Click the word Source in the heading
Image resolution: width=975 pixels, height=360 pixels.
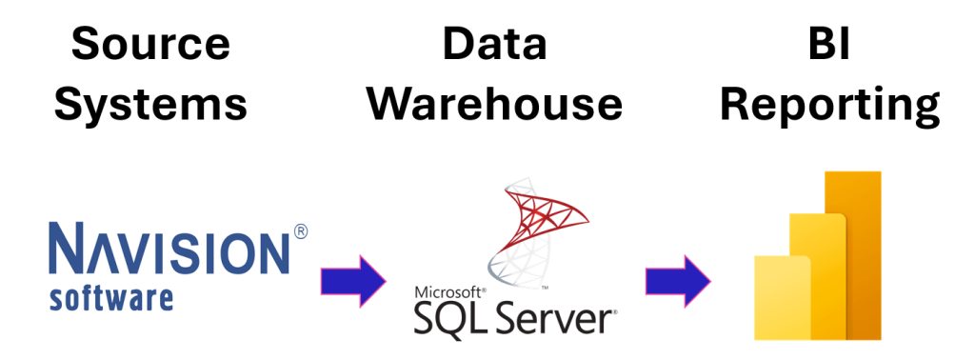pos(150,45)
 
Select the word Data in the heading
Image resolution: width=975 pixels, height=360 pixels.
pos(493,45)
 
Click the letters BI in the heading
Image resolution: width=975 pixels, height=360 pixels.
pos(827,45)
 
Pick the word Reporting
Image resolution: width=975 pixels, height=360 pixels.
pos(829,105)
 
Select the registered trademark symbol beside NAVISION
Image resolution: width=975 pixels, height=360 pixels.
pos(301,232)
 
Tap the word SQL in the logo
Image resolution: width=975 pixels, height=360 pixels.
pos(455,319)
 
